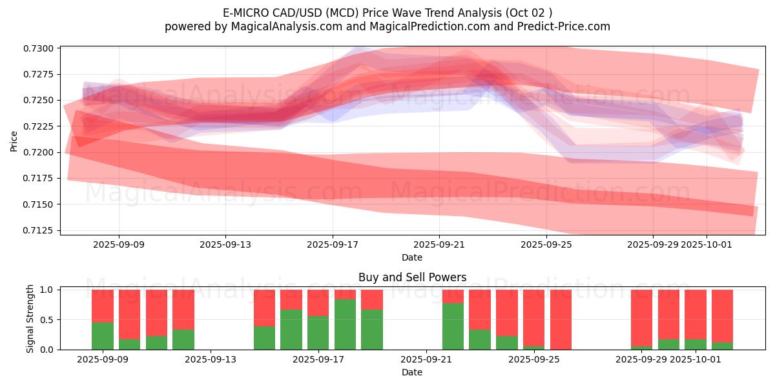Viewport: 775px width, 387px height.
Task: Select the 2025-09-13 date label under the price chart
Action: [x=225, y=244]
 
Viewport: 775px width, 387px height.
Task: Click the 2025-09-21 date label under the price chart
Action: [x=439, y=244]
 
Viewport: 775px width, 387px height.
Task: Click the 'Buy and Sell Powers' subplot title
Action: [x=412, y=278]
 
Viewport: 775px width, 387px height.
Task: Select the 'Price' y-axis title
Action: [x=14, y=140]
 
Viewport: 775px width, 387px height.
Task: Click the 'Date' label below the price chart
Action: [x=412, y=257]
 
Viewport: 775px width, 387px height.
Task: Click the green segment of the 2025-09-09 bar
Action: [x=103, y=336]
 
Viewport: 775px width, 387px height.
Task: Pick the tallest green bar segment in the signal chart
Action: [x=345, y=324]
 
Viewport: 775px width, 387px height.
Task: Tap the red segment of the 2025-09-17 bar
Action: [x=318, y=303]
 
